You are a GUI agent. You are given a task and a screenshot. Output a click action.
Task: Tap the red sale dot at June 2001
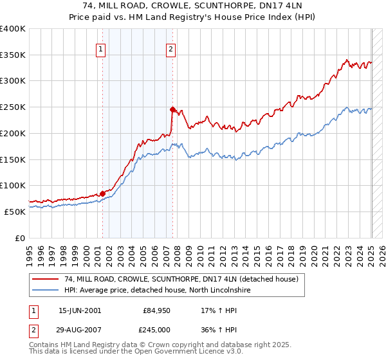[102, 193]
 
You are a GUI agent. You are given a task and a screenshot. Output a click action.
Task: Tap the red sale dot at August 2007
[172, 109]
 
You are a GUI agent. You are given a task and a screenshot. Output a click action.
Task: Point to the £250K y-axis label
[12, 107]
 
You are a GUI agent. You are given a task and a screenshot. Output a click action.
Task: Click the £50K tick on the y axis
[15, 212]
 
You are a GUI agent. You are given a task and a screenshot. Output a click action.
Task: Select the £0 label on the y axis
[21, 238]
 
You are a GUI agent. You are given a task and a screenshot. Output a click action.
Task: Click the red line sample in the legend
[46, 280]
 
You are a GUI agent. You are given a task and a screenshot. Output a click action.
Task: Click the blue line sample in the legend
[46, 291]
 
